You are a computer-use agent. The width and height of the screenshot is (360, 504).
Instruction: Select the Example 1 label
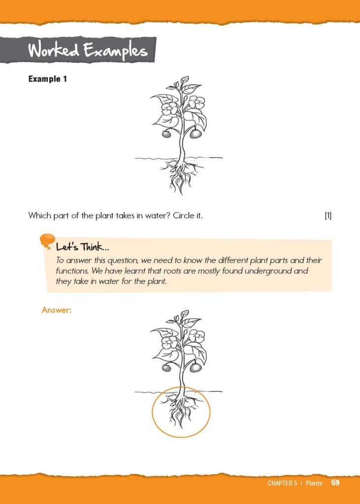48,79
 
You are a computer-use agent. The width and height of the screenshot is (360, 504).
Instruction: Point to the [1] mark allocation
328,216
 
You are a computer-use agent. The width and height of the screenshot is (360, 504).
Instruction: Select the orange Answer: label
57,310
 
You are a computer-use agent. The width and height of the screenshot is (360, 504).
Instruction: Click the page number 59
335,483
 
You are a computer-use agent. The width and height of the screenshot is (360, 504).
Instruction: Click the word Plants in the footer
314,483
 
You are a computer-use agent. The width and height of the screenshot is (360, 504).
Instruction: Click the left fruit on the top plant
166,133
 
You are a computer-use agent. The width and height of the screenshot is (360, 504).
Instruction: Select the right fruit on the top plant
196,133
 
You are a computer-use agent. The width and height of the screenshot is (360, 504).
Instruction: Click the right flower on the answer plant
196,337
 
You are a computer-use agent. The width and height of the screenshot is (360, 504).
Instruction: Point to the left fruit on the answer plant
166,367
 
